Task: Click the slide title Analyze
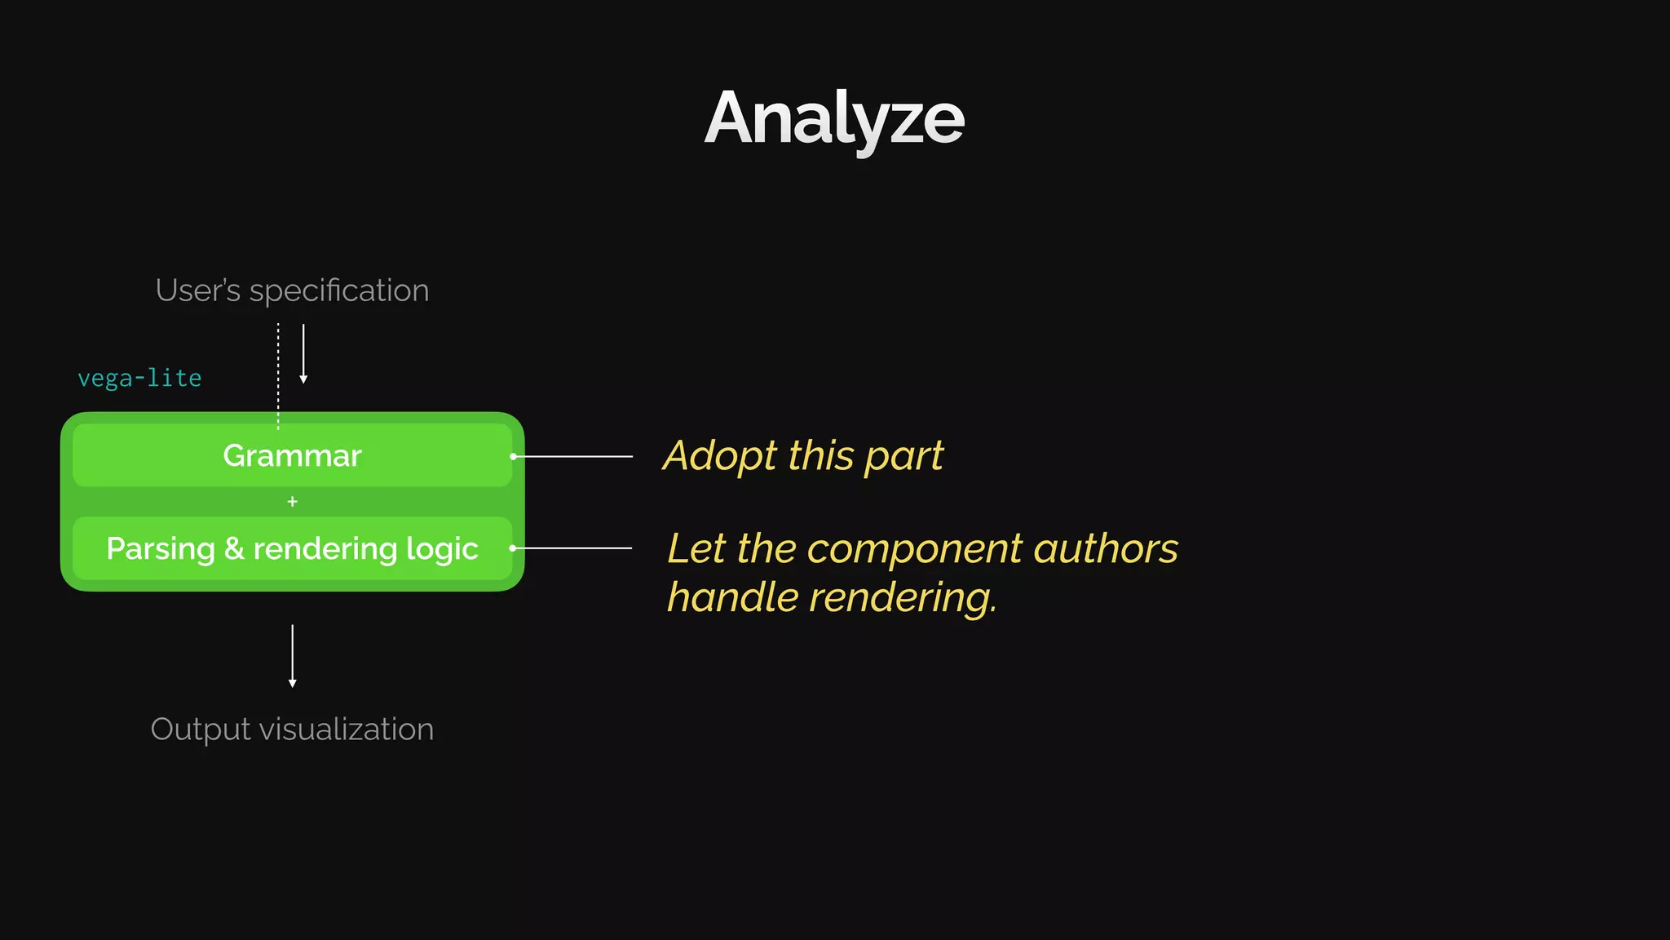coord(834,119)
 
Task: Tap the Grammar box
coord(292,455)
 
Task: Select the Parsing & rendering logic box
coord(292,548)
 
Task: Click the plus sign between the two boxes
coord(292,502)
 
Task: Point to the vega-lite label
coord(139,378)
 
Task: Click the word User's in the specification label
coord(197,290)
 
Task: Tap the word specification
coord(338,291)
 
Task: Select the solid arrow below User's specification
coord(303,352)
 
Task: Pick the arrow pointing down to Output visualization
coord(292,655)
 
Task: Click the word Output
coord(200,729)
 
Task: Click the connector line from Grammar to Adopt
coord(574,456)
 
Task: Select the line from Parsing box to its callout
coord(573,548)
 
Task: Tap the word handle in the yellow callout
coord(732,597)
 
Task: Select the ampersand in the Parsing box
coord(234,548)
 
